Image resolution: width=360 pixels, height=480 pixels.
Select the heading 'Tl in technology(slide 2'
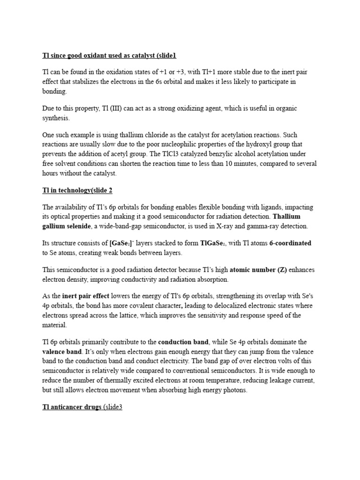(77, 190)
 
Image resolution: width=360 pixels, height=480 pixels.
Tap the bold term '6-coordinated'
(290, 243)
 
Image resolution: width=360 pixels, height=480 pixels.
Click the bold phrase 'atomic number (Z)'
(258, 270)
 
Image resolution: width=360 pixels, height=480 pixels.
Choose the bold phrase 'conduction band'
(183, 342)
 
